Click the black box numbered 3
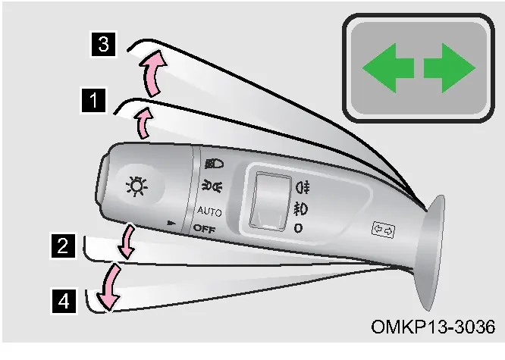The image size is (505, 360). point(103,44)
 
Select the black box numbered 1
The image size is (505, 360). point(93,100)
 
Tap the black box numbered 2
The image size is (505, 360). point(63,246)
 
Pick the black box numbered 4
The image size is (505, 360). point(64,301)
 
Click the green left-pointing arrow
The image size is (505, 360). point(387,68)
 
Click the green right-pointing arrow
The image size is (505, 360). point(450,68)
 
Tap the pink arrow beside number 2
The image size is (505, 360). point(127,242)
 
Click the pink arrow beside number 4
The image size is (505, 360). point(108,286)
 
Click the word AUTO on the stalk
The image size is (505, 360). point(209,211)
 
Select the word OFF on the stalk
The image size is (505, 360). point(204,229)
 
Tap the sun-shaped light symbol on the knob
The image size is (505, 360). point(137,186)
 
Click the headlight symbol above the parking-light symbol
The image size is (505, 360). point(214,164)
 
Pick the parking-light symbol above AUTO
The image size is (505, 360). point(212,186)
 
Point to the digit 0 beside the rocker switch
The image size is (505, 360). point(298,228)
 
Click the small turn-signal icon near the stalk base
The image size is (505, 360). point(383,230)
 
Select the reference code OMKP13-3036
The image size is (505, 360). point(433,327)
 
